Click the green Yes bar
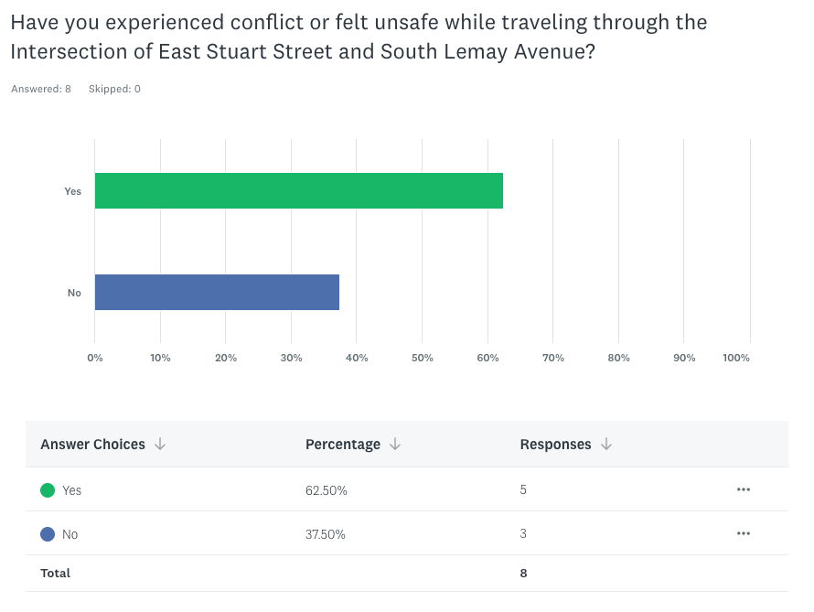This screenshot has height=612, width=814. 298,191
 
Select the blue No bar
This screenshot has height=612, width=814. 217,293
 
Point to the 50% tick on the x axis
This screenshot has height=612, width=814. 422,358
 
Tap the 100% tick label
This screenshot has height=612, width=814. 736,358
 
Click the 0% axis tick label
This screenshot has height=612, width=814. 95,358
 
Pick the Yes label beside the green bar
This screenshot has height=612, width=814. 72,191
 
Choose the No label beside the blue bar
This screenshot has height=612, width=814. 74,293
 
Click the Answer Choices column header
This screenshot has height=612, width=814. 92,445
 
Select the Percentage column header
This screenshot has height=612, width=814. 343,445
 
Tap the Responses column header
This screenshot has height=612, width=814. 555,445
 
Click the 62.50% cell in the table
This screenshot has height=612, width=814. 327,490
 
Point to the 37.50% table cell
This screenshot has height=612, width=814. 326,534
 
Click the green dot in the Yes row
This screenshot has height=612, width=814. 48,490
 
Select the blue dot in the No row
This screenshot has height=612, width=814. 48,534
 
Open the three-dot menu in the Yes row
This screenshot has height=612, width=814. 743,489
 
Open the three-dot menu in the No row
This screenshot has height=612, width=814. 743,533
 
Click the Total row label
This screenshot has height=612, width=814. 55,574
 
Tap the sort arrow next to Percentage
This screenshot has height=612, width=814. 395,445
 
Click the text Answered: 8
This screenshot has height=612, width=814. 41,89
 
